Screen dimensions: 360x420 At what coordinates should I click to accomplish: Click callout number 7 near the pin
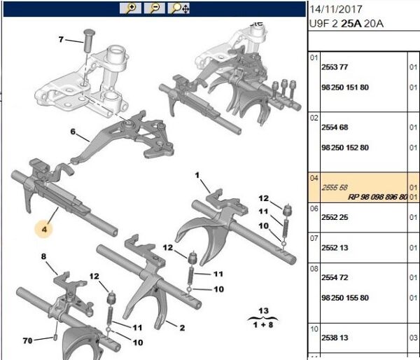click(x=61, y=40)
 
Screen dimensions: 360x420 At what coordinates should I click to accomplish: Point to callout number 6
click(x=72, y=131)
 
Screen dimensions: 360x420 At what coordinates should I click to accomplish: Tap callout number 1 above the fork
click(x=197, y=174)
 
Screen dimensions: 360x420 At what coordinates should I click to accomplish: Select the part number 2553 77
click(x=334, y=67)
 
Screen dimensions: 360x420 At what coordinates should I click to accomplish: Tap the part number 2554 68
click(x=334, y=127)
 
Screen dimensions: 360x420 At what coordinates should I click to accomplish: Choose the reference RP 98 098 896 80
click(x=377, y=198)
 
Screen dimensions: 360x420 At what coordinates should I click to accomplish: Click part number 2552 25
click(x=334, y=218)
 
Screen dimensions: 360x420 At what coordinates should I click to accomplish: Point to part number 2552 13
click(x=334, y=247)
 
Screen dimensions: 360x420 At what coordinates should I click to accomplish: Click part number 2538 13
click(x=334, y=337)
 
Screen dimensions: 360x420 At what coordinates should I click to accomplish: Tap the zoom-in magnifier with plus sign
click(x=129, y=8)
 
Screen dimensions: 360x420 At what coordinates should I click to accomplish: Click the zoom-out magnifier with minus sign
click(x=155, y=8)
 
